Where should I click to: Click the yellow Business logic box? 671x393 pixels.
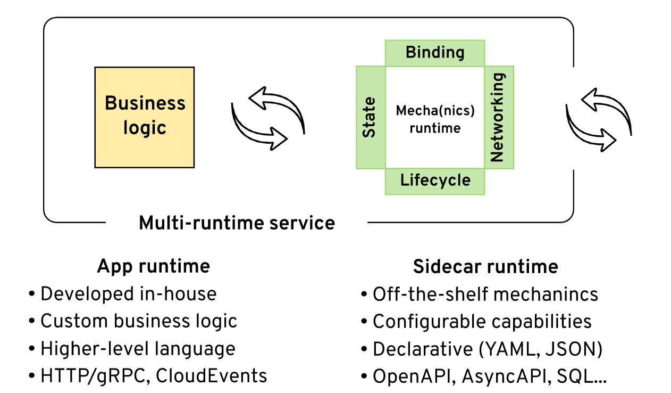coord(145,117)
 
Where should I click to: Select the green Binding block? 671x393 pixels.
coord(435,53)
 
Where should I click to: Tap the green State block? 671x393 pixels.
coord(370,117)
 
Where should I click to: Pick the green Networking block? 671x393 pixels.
coord(499,117)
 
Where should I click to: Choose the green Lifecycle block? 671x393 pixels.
coord(435,181)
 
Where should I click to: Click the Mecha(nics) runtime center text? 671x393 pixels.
coord(435,119)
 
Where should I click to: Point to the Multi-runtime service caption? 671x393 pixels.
coord(237,223)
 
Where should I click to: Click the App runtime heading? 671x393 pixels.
coord(153,266)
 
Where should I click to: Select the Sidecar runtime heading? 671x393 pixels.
coord(485,266)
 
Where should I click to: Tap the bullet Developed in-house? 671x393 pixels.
coord(128,293)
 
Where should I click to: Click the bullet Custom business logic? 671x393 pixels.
coord(138,321)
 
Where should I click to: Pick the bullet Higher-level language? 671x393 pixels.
coord(138,349)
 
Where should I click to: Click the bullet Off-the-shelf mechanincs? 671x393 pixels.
coord(485,294)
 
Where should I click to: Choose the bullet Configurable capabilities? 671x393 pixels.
coord(482,322)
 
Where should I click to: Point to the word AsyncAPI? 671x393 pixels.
coord(506,376)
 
